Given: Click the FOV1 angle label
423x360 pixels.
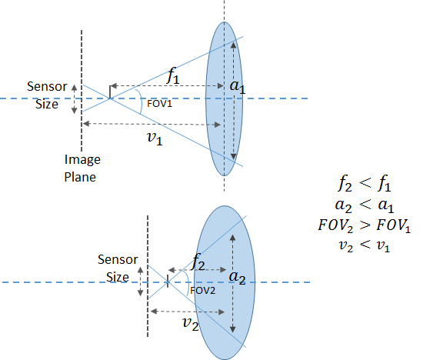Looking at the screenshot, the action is point(159,104).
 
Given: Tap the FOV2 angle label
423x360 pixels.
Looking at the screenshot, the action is point(203,291).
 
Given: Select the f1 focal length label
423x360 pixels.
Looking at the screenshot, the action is point(173,75).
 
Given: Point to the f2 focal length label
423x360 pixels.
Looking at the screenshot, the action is point(198,262).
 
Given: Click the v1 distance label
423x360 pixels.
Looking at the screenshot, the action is point(155,138).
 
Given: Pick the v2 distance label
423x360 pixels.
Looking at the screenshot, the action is point(191,324).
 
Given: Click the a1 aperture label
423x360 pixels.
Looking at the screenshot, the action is point(238,86).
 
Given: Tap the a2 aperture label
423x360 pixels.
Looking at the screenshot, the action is point(237,278).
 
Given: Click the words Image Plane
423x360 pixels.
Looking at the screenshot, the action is point(82,168).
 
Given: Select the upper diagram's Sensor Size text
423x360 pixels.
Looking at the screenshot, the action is point(47,95).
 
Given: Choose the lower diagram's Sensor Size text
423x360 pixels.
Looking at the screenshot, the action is point(118,268).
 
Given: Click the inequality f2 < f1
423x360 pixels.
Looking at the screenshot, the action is point(365,184).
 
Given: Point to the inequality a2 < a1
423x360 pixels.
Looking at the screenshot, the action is point(365,205).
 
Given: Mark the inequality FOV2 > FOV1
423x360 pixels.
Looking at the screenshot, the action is point(365,225).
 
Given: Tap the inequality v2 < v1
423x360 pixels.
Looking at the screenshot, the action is point(365,245).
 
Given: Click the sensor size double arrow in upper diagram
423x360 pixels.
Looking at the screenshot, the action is point(74,98).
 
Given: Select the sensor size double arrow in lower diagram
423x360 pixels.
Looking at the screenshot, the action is point(140,282).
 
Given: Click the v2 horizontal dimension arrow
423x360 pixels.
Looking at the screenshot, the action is point(188,312).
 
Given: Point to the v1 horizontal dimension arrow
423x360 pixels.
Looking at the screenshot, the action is point(152,124).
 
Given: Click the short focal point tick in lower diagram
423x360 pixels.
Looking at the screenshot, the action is point(168,282).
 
